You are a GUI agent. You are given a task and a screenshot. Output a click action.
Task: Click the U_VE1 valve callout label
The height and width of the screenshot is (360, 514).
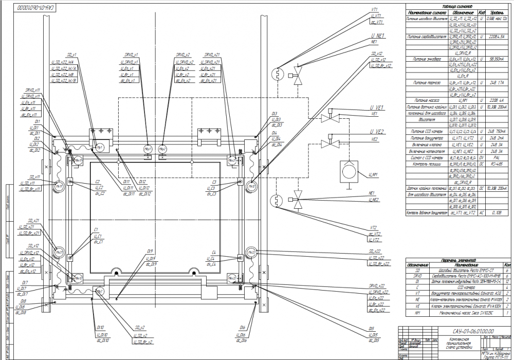pyautogui.click(x=378, y=107)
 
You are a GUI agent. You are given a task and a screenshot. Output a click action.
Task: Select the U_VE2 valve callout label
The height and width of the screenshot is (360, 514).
pyautogui.click(x=378, y=132)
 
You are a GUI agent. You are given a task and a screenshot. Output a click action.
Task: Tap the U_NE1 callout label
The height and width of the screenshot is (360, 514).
pyautogui.click(x=377, y=36)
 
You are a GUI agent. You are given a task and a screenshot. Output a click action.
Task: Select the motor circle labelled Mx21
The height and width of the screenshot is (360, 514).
pyautogui.click(x=232, y=160)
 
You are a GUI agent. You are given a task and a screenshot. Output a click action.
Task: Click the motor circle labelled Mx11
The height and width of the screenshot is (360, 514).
pyautogui.click(x=59, y=185)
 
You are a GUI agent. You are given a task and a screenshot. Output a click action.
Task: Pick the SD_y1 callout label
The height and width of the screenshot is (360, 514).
pyautogui.click(x=71, y=55)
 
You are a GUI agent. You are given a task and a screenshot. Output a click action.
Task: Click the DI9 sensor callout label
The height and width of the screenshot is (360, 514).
pyautogui.click(x=150, y=252)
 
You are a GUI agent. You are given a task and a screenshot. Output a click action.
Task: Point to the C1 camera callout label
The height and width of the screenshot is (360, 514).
pyautogui.click(x=96, y=230)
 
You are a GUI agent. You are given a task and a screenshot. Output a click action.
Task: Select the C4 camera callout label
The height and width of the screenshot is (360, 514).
pyautogui.click(x=214, y=252)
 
